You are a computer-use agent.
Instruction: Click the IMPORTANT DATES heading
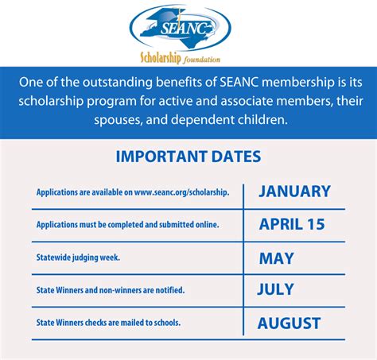[188, 157]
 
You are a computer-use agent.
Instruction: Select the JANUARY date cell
[294, 192]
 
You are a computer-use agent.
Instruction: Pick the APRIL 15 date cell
[292, 224]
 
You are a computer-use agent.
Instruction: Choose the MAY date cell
[276, 257]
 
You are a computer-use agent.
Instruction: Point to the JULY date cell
[275, 289]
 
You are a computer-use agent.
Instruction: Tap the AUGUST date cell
[289, 323]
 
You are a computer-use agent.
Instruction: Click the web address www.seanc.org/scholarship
[181, 192]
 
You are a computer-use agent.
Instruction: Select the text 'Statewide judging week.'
[78, 257]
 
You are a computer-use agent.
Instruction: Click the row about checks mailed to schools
[108, 323]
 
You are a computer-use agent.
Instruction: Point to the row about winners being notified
[110, 290]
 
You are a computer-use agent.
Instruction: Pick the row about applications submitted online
[127, 225]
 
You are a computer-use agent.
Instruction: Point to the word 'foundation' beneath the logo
[202, 59]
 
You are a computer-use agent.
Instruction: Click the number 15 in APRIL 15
[315, 224]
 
